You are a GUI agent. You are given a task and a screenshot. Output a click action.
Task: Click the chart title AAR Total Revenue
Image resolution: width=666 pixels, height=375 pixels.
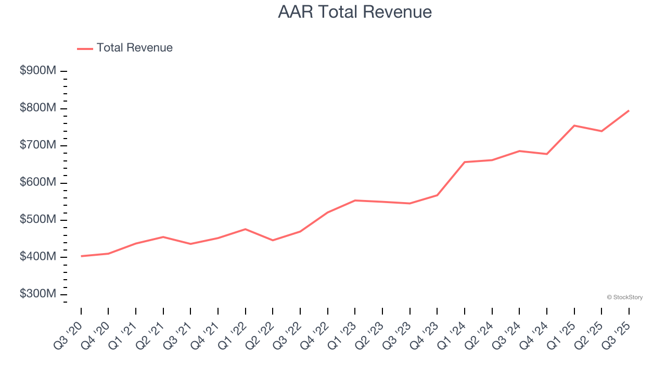[355, 12]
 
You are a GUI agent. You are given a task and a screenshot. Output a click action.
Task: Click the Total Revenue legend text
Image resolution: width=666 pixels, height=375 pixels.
[134, 48]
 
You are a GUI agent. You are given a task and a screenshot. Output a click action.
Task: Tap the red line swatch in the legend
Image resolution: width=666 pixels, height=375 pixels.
[85, 48]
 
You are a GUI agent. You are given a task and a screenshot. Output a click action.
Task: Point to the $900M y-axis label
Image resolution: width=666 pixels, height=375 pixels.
[38, 71]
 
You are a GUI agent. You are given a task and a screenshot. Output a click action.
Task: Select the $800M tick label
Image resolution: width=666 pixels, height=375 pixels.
[38, 108]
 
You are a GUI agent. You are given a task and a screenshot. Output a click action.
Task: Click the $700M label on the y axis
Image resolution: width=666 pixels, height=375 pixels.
[38, 145]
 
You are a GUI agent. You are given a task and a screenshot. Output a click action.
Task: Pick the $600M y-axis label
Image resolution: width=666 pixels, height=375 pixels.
[38, 183]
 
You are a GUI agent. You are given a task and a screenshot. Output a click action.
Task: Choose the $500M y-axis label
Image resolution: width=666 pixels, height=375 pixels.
[38, 220]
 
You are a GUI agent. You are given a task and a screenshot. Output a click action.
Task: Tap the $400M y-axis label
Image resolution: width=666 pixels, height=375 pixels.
[38, 257]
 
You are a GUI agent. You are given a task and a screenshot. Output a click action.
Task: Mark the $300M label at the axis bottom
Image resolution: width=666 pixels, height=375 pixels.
[38, 294]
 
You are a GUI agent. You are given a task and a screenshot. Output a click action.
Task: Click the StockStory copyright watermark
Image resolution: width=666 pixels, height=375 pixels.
[624, 297]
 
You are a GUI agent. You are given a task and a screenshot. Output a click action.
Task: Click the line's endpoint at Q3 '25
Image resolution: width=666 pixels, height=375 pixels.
[629, 110]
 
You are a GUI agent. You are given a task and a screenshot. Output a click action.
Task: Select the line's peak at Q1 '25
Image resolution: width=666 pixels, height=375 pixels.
[574, 126]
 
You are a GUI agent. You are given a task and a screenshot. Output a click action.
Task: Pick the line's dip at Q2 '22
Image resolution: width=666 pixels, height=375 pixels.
[273, 240]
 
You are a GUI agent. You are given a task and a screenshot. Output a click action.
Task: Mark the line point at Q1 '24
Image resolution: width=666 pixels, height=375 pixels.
[464, 162]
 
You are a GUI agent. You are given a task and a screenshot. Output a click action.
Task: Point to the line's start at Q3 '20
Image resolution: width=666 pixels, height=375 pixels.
[81, 256]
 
